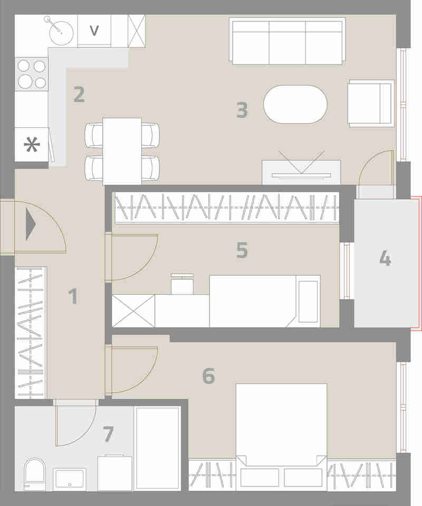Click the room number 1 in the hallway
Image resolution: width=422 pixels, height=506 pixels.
[x=73, y=296]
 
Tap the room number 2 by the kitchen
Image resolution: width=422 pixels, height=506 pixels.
[x=79, y=94]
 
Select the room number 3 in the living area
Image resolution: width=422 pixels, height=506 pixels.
[x=242, y=110]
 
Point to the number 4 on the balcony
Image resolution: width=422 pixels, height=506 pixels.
[x=386, y=258]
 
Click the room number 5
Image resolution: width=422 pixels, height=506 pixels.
[x=242, y=250]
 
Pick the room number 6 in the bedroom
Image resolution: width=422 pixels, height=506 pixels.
[x=208, y=376]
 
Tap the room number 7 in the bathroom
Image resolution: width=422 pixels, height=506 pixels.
[x=108, y=434]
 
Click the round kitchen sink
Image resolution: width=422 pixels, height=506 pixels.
[x=61, y=33]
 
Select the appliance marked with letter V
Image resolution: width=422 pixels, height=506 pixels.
[x=94, y=31]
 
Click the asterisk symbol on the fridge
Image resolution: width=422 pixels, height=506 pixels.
[x=32, y=145]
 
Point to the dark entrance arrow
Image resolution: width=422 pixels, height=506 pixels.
[x=31, y=224]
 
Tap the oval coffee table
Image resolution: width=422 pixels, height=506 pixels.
[x=295, y=104]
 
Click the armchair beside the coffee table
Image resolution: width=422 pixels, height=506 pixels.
[x=371, y=104]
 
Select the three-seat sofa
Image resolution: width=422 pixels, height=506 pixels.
[x=287, y=41]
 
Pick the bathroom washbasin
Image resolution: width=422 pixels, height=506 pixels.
[x=70, y=479]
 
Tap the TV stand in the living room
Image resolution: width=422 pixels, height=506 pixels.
[x=301, y=172]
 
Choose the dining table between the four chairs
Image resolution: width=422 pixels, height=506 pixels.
[x=122, y=152]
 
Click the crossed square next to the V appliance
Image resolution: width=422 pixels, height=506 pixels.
[x=137, y=31]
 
